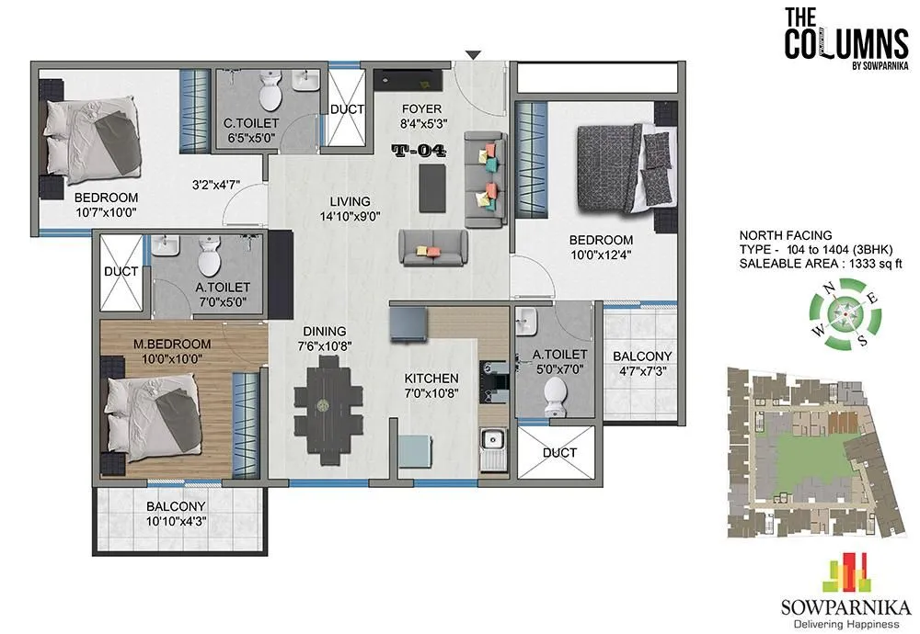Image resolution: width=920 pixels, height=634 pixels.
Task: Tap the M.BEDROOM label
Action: (x=173, y=344)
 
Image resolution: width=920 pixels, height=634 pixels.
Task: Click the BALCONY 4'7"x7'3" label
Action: (x=642, y=364)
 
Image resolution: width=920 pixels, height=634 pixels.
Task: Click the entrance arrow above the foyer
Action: (x=472, y=55)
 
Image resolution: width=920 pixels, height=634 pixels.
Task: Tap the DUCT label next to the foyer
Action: (x=347, y=108)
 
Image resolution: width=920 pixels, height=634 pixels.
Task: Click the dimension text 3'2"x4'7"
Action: (x=216, y=184)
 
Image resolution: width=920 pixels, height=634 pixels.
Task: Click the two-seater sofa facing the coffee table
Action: (x=432, y=246)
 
